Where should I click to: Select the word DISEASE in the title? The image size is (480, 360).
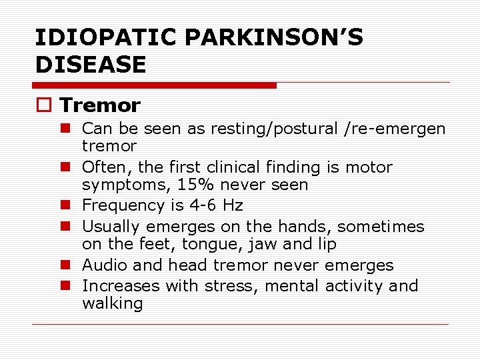coord(90,65)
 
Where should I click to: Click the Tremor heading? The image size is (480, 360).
coord(100,105)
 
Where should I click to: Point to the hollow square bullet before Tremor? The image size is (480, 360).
coord(44,105)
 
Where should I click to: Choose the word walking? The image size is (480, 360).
coord(112,304)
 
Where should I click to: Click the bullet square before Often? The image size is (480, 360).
coord(71,167)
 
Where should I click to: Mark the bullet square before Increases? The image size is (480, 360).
coord(71,286)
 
